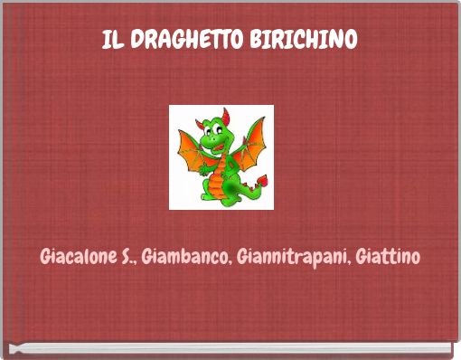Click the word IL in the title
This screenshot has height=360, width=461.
(111, 41)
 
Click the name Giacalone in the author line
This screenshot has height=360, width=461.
(76, 257)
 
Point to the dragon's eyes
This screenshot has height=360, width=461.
(216, 128)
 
